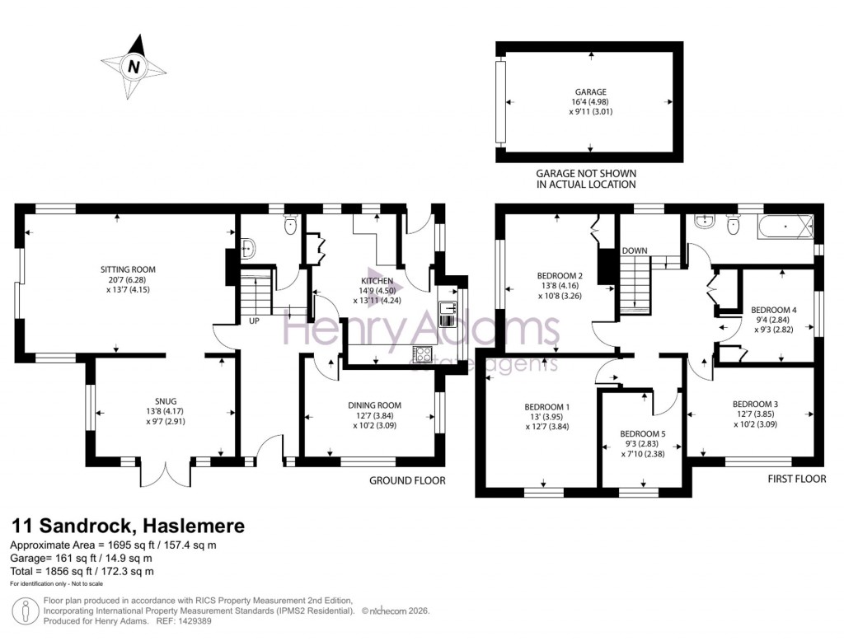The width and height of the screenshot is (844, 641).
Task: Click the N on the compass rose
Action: pos(132,66)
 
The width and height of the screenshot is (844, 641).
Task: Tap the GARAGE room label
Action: pos(590,91)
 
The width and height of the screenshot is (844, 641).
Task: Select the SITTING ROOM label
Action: pos(128,269)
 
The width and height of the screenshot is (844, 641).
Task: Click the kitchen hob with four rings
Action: pos(422,354)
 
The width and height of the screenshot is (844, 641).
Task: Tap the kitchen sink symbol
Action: pos(448,310)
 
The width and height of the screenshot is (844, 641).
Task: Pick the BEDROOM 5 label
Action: pos(642,433)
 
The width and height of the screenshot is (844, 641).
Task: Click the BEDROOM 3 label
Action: pos(755,404)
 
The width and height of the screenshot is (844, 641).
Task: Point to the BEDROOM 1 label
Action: pos(546,407)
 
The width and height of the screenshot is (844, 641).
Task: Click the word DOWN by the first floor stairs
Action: pos(635,250)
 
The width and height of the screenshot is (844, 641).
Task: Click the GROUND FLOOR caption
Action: pos(407,480)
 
